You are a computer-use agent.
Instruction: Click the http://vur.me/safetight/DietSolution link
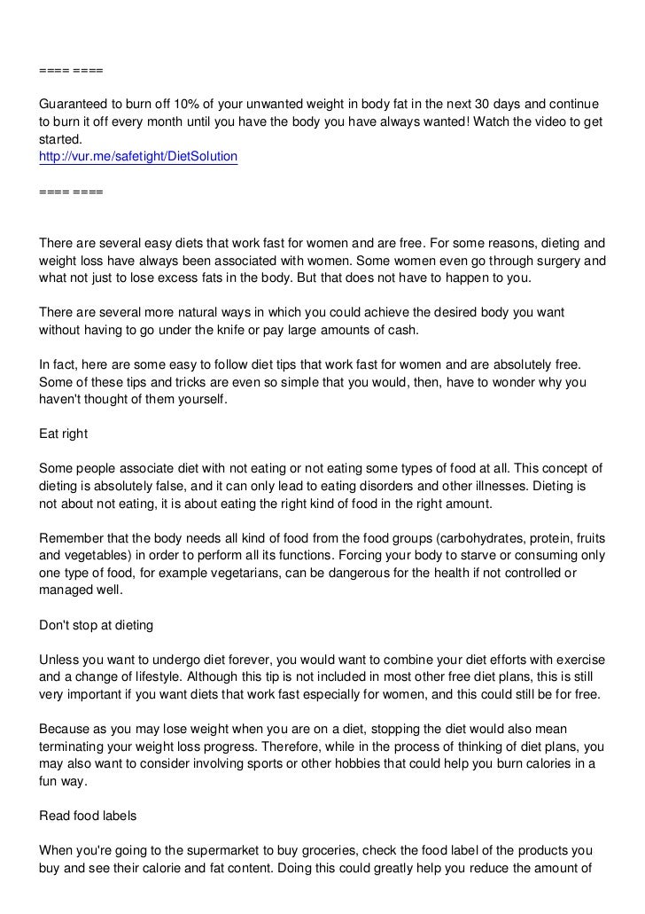click(x=138, y=157)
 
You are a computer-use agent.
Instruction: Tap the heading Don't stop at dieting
click(x=97, y=625)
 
